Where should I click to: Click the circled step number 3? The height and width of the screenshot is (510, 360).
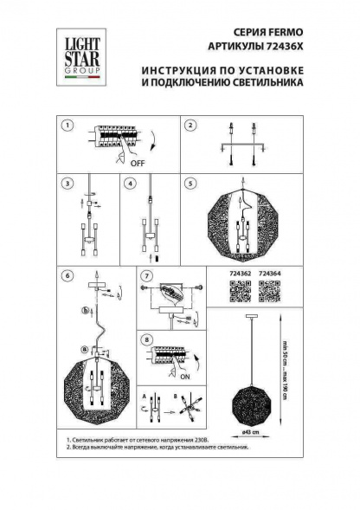tap(67, 184)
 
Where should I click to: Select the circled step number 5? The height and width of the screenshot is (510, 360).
tap(190, 184)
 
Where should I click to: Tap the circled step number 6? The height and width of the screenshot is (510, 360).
tap(67, 275)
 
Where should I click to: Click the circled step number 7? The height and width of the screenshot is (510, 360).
tap(146, 275)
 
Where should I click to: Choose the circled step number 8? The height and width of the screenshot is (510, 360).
tap(146, 339)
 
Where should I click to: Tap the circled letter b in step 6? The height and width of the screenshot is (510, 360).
tap(85, 309)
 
